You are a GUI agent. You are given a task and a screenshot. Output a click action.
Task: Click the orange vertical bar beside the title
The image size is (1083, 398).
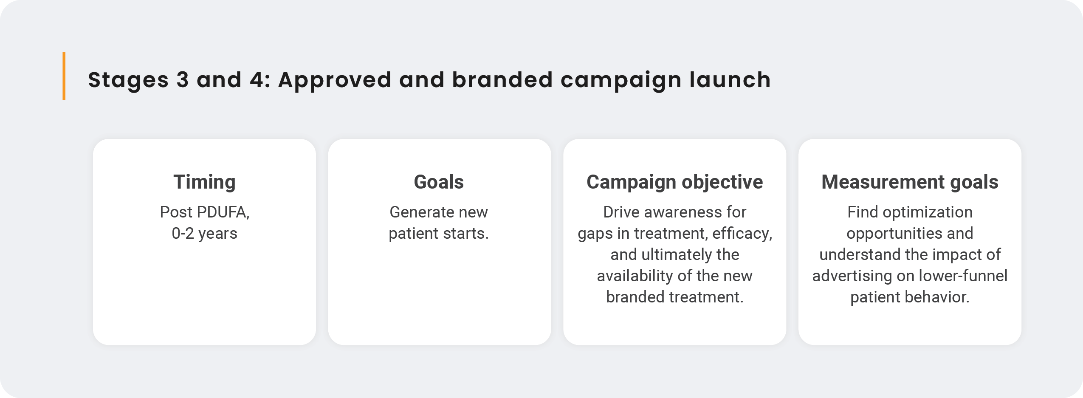[x=64, y=76]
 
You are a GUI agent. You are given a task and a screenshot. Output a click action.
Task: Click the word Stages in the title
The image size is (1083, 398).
[x=129, y=80]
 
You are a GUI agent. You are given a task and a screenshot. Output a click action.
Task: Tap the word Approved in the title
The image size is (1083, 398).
[x=335, y=80]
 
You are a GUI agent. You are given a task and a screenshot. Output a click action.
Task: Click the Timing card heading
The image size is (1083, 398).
[x=204, y=182]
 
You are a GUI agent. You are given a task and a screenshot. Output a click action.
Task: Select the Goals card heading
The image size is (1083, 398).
[x=439, y=182]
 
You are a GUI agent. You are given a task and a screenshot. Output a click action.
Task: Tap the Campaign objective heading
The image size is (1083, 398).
[x=674, y=182]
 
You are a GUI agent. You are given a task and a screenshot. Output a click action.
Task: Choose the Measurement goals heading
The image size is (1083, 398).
[x=910, y=182]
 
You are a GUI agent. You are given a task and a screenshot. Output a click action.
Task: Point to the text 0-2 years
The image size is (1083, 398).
[x=204, y=234]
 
